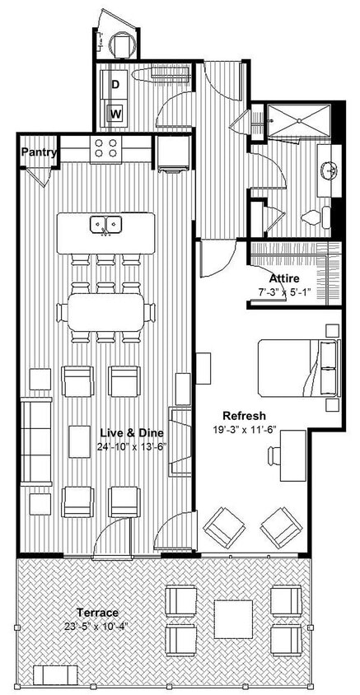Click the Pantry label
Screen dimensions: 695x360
click(x=39, y=152)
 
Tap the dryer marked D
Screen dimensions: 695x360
click(x=116, y=85)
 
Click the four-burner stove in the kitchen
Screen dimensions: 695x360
click(x=105, y=147)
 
